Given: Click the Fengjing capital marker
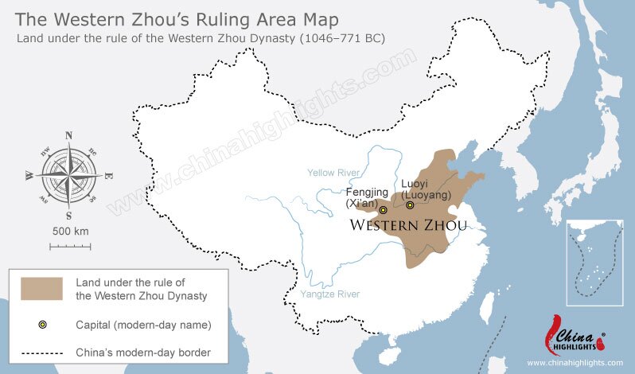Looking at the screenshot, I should click(x=383, y=210).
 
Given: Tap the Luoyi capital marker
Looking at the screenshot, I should click(x=410, y=205).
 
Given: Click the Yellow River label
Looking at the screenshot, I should click(x=333, y=172).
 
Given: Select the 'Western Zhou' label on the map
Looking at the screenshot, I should click(x=408, y=225).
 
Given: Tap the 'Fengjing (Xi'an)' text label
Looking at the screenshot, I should click(x=367, y=197).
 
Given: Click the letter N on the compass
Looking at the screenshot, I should click(x=68, y=134).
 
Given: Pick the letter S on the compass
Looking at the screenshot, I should click(x=68, y=215).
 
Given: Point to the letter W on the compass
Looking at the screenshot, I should click(x=29, y=175).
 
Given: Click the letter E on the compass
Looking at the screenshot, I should click(x=108, y=175).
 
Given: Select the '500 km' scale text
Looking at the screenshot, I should click(x=70, y=231).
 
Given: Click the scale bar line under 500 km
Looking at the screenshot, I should click(x=70, y=246).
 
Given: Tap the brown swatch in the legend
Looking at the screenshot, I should click(x=42, y=289).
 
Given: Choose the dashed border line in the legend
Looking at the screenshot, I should click(x=42, y=352).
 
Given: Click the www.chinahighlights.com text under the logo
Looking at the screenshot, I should click(x=574, y=363).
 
